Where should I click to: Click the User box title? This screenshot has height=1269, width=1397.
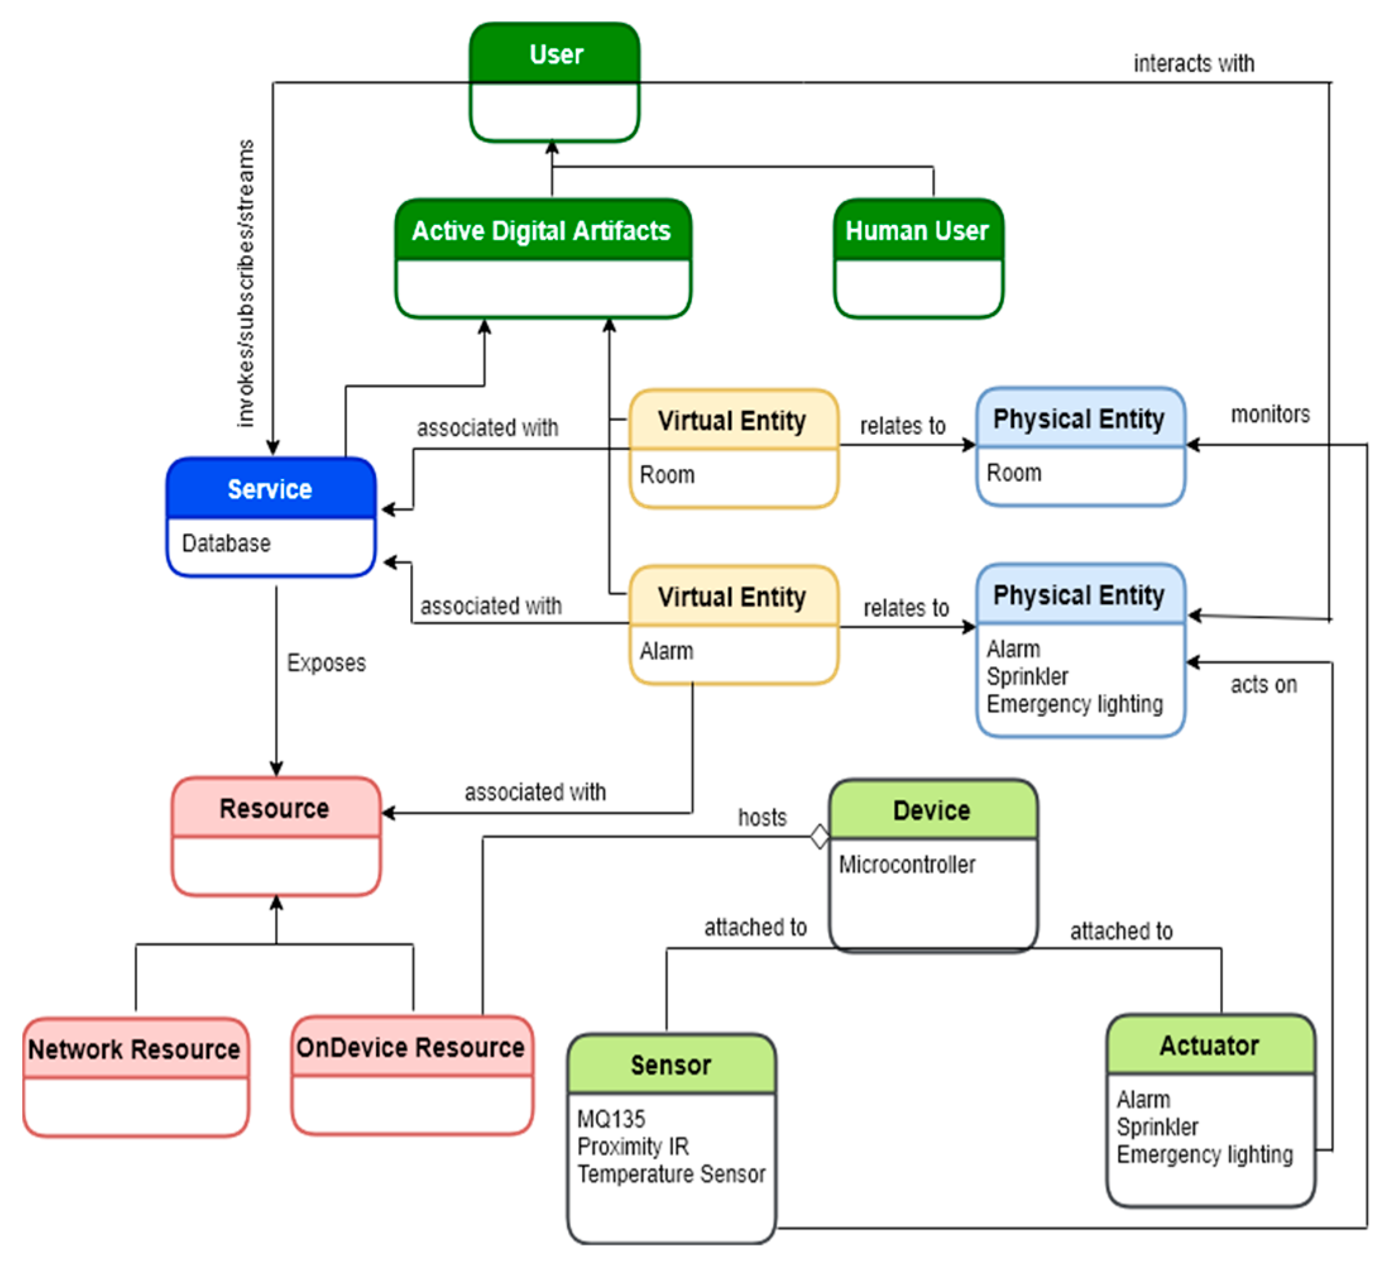[556, 54]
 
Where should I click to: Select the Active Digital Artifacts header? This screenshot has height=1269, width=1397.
[541, 230]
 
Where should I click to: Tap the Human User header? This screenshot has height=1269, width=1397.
[917, 230]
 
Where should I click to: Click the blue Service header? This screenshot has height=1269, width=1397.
[270, 489]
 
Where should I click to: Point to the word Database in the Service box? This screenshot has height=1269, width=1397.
[226, 543]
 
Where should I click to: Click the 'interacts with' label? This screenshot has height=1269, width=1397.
[1194, 64]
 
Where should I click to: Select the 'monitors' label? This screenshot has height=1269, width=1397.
[1269, 415]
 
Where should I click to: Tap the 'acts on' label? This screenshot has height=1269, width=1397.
[1263, 685]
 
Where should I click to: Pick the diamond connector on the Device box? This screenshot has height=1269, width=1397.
[819, 837]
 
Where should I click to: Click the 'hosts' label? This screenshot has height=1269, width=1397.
[761, 818]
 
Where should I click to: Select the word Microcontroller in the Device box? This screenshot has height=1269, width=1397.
[907, 865]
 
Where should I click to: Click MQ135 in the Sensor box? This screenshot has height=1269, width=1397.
[610, 1119]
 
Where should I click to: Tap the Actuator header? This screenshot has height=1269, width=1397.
[1209, 1045]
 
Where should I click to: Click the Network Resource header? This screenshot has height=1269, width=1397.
[135, 1049]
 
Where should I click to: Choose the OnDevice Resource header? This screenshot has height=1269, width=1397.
[410, 1047]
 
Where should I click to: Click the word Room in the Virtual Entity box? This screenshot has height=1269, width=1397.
[667, 475]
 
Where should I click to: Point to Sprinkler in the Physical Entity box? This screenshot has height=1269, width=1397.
[1027, 676]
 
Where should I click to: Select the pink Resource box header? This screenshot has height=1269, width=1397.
[274, 809]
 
